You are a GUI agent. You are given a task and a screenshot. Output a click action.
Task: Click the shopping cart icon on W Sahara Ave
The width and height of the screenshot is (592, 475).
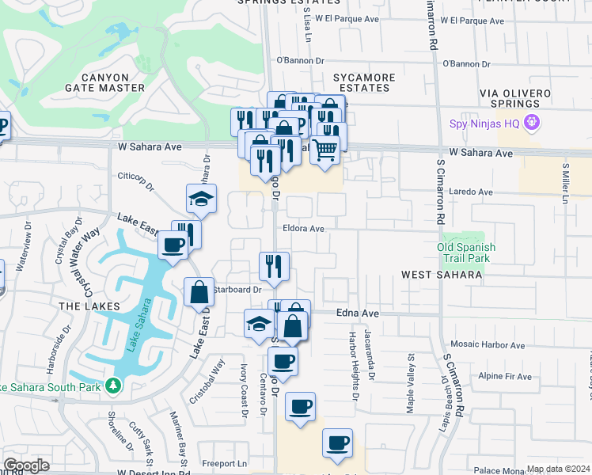pyautogui.click(x=324, y=148)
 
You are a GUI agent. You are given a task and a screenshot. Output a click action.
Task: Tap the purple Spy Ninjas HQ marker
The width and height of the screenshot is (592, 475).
pyautogui.click(x=530, y=123)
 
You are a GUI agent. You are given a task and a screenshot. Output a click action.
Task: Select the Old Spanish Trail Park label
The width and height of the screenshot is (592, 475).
pyautogui.click(x=466, y=253)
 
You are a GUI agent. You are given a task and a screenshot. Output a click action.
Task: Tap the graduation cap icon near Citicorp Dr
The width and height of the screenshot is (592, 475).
pyautogui.click(x=202, y=198)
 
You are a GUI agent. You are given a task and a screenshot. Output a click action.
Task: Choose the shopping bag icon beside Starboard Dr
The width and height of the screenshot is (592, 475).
pyautogui.click(x=198, y=291)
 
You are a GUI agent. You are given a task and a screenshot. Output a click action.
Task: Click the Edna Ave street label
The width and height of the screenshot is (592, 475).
pyautogui.click(x=359, y=313)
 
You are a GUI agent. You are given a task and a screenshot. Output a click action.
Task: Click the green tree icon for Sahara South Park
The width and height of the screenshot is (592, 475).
pyautogui.click(x=114, y=385)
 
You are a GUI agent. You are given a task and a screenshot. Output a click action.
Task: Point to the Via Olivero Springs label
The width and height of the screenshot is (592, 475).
pyautogui.click(x=515, y=98)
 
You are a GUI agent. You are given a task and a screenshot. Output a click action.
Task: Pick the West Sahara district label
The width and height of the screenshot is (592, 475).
pyautogui.click(x=442, y=275)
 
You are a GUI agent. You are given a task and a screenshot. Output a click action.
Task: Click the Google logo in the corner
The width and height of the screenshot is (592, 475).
pyautogui.click(x=26, y=465)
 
